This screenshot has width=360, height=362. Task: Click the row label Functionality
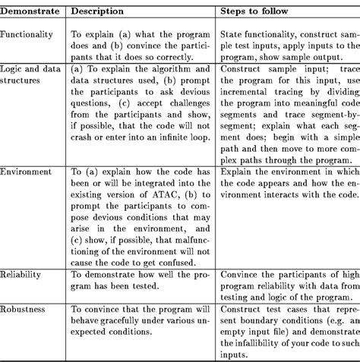pos(27,35)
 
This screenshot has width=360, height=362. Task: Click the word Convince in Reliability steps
pos(242,273)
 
